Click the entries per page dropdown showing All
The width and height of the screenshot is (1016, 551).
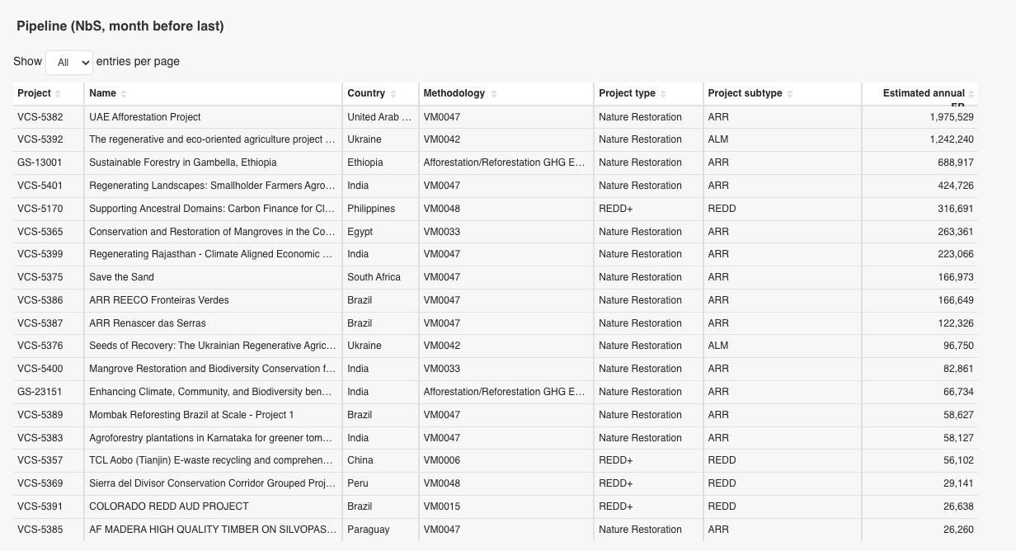[68, 62]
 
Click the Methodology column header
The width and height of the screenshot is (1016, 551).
[454, 93]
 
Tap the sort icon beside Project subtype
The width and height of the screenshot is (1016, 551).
[790, 94]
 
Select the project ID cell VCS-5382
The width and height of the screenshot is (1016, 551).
[40, 117]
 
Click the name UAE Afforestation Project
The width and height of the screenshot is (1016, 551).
[145, 117]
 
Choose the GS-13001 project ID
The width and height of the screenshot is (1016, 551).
[40, 162]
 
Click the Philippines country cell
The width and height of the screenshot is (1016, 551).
[371, 209]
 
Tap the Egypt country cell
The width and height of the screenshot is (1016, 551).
[360, 232]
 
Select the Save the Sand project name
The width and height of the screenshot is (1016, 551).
[121, 277]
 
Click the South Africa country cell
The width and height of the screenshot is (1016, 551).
[374, 277]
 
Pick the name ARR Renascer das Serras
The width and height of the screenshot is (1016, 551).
[148, 323]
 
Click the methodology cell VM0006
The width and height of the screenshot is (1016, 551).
[442, 460]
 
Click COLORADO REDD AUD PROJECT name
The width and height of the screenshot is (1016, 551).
[169, 506]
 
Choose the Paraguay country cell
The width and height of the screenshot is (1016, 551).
[369, 530]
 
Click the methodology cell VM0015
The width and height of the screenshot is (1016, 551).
[442, 506]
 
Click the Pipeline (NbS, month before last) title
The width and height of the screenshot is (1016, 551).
[120, 26]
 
